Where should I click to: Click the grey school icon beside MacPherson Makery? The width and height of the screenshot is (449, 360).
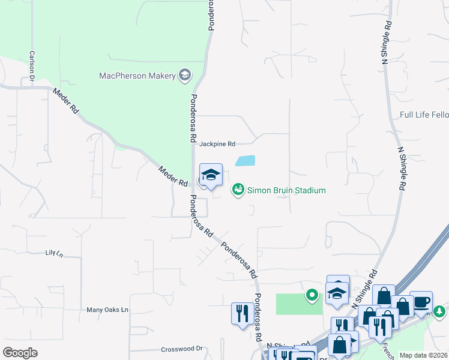(x=185, y=75)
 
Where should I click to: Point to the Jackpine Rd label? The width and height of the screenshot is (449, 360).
(x=217, y=144)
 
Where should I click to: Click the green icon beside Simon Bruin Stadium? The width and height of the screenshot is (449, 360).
(x=238, y=190)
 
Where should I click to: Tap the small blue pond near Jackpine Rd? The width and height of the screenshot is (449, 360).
(x=246, y=161)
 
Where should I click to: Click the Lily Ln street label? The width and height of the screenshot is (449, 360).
(x=54, y=253)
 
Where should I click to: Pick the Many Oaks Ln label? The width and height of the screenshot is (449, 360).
(x=107, y=310)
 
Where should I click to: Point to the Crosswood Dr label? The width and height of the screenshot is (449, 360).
(x=182, y=349)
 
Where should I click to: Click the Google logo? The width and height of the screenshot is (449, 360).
(x=20, y=353)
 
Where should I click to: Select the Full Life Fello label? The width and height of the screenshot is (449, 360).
(x=424, y=115)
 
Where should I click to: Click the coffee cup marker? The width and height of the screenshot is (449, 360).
(x=421, y=302)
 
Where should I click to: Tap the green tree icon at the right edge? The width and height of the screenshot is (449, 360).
(x=440, y=311)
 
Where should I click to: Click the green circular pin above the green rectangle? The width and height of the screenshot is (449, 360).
(x=312, y=295)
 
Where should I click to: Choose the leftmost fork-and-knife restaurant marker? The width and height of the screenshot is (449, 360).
(x=242, y=314)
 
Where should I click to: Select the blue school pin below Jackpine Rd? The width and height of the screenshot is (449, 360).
(x=210, y=176)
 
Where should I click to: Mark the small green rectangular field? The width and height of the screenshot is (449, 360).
(x=299, y=304)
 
